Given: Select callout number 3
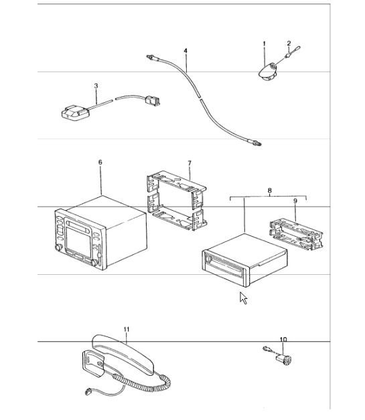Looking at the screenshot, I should point(96,86).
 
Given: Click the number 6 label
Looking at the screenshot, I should point(100,163).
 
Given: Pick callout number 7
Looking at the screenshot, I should point(190,163).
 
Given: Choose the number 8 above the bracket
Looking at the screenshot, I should point(269,191).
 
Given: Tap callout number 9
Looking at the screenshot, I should point(295,200).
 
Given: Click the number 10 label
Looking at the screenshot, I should point(283,340).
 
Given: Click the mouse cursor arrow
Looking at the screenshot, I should point(244,298).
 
